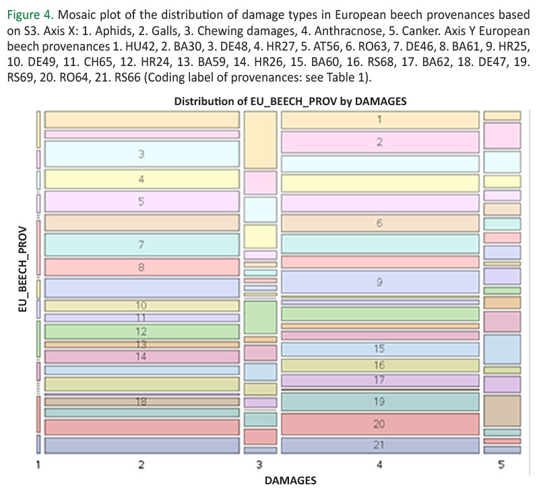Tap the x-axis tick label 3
259,465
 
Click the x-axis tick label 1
38,465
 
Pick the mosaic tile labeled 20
379,424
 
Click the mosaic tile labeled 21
379,445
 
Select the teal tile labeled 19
379,402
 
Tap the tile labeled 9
379,281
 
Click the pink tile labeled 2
379,141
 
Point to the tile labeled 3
141,154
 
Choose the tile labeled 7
141,244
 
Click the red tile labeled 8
141,267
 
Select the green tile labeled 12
141,331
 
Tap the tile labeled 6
379,223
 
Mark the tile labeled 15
379,349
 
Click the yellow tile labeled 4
141,179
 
